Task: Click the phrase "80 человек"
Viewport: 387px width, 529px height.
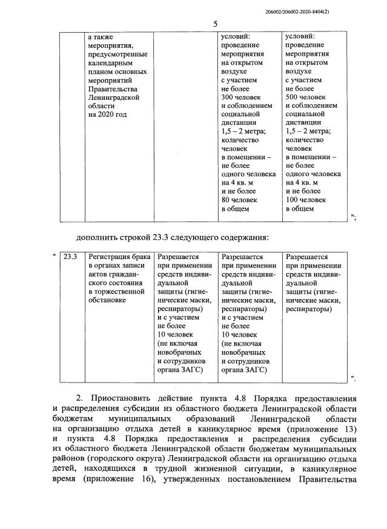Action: (x=239, y=199)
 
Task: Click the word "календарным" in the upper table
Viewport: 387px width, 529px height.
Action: (x=114, y=62)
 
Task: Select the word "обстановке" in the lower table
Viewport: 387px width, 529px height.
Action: (x=108, y=300)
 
